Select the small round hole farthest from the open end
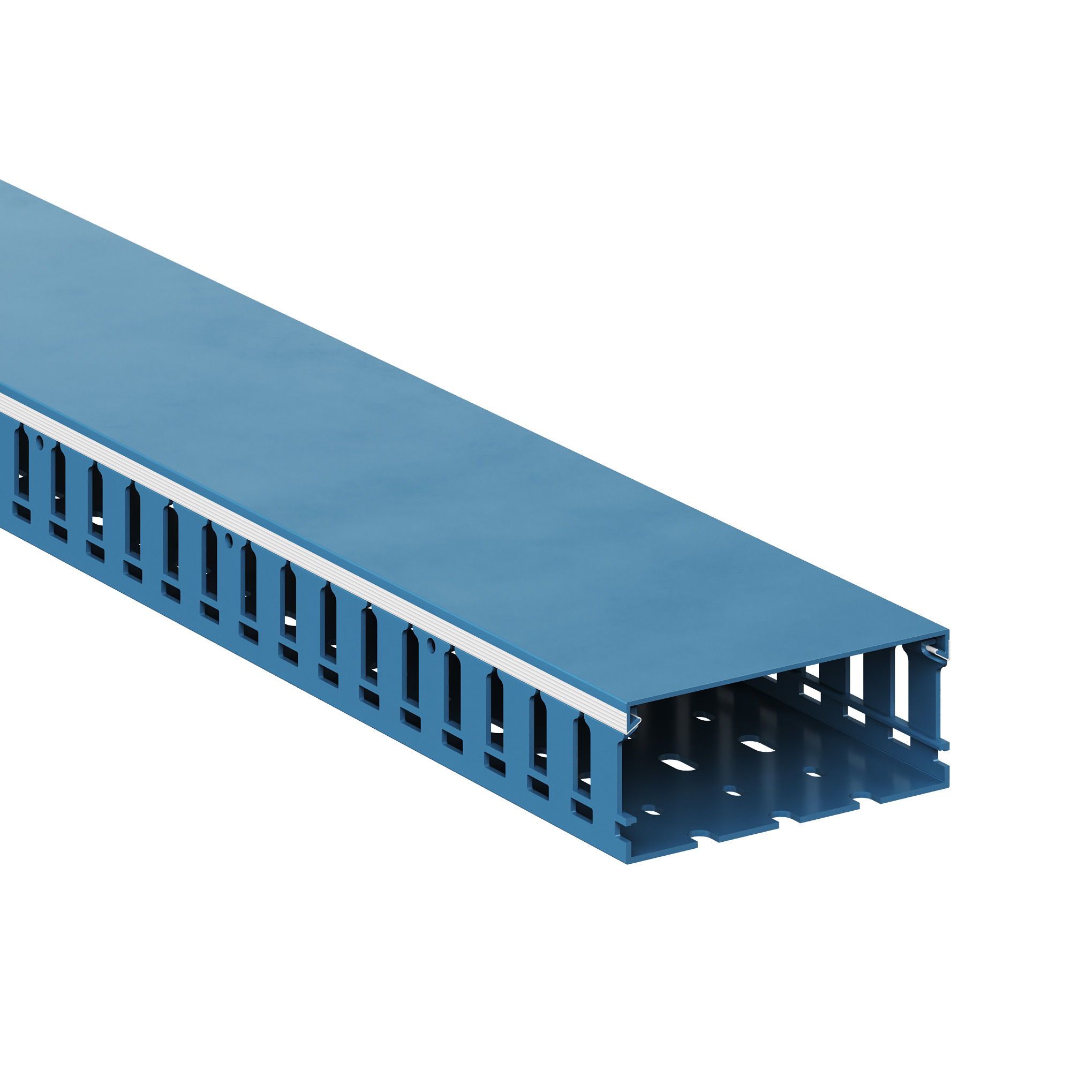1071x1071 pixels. point(39,442)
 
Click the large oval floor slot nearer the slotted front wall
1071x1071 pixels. point(678,765)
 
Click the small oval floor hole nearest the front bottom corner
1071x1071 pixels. point(653,813)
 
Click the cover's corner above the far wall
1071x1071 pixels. point(948,630)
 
